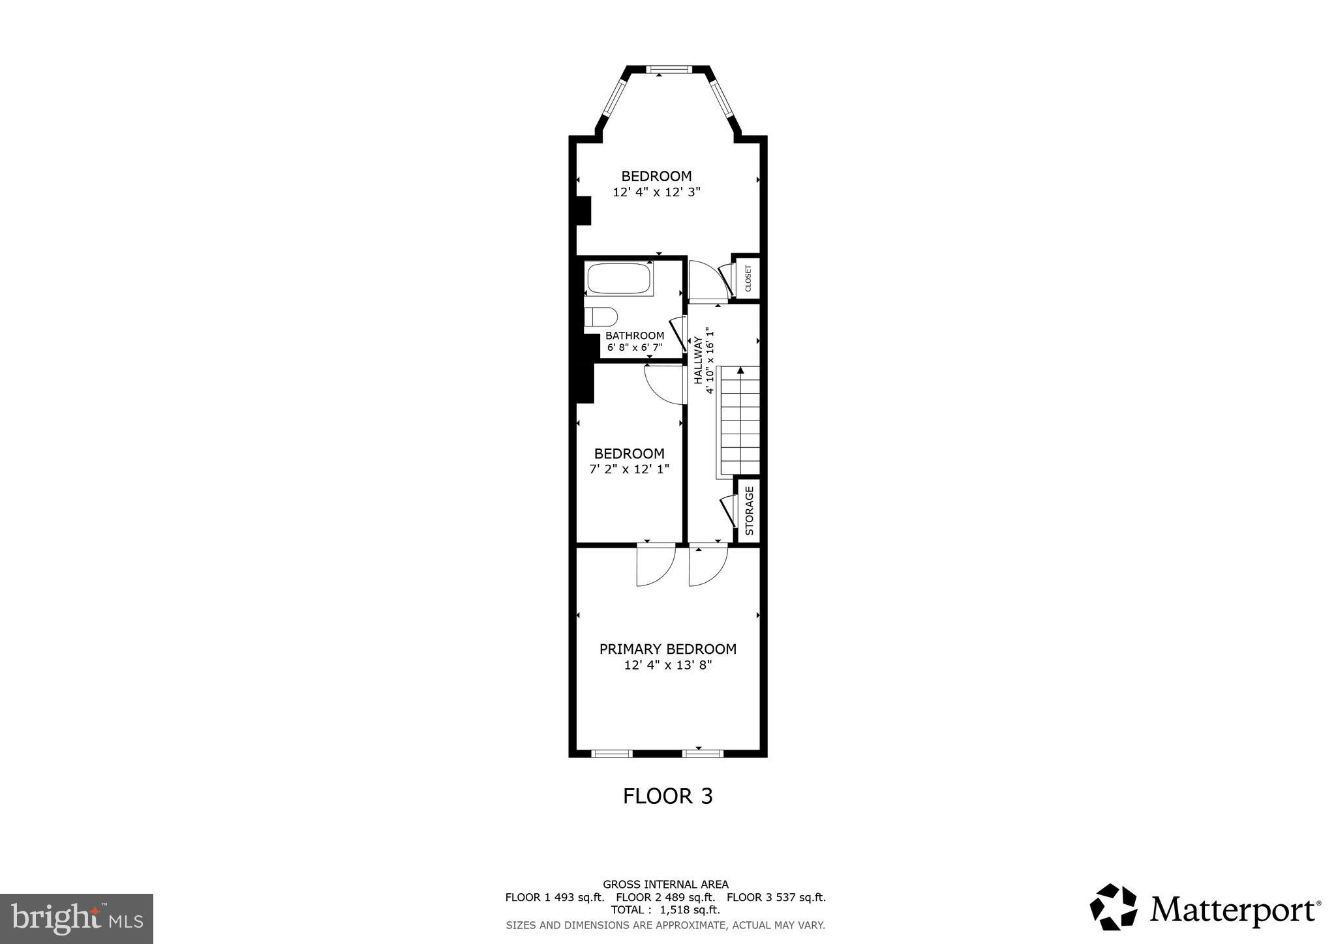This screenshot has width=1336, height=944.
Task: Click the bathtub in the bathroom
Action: click(619, 278)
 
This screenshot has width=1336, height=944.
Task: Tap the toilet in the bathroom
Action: click(601, 317)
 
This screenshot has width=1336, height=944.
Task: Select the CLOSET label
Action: click(748, 278)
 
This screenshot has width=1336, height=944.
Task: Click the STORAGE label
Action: click(749, 510)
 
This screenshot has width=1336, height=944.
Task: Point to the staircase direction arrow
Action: click(740, 372)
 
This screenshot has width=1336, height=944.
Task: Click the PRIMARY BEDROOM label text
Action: click(667, 649)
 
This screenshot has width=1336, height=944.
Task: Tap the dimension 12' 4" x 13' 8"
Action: click(667, 666)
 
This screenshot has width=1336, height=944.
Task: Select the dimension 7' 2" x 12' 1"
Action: click(629, 469)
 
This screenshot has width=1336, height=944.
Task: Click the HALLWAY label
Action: click(698, 360)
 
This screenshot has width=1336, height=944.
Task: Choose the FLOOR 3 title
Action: click(667, 796)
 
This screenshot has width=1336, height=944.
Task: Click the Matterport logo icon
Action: click(1113, 907)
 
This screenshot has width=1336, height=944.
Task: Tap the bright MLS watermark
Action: click(76, 919)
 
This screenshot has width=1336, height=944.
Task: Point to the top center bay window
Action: click(668, 69)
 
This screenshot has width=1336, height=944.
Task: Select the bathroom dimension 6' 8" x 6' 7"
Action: click(635, 347)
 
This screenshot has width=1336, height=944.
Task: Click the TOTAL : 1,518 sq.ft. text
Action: click(665, 910)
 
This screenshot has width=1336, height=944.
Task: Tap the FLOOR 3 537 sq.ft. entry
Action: click(776, 898)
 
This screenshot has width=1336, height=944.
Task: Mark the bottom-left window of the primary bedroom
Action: click(612, 754)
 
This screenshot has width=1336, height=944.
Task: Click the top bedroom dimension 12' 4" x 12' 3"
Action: click(656, 192)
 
